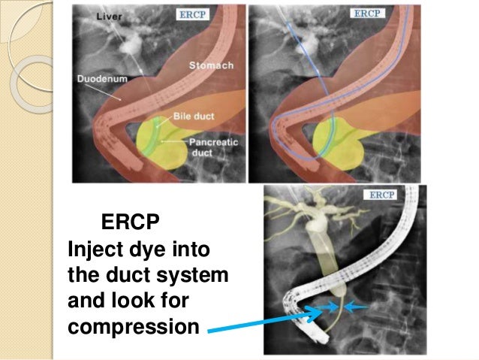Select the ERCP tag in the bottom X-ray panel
[381, 195]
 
